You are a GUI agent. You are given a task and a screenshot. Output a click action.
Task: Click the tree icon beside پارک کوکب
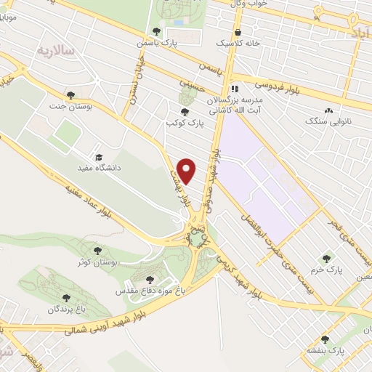tap(185, 112)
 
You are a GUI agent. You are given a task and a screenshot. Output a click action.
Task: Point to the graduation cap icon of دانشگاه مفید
tap(98, 157)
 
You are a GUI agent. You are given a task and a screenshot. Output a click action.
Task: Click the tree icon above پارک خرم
tap(326, 257)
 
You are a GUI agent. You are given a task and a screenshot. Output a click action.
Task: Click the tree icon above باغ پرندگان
tap(66, 298)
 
